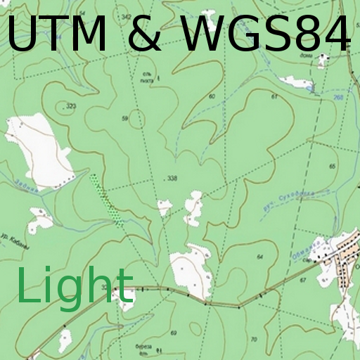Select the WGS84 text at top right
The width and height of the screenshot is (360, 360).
coord(266,35)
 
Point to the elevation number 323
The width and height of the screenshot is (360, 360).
coord(70,106)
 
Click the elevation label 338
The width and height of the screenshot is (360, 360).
coord(172,179)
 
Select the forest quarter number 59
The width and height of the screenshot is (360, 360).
coord(125,119)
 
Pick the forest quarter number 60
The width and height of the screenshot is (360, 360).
coord(212,96)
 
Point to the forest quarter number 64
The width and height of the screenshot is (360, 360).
coord(259,257)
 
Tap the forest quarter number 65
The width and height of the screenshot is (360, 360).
coord(333,165)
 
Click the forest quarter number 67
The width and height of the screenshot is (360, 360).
coord(303,281)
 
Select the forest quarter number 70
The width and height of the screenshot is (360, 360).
coord(254,340)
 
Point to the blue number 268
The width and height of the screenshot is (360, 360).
coord(338,97)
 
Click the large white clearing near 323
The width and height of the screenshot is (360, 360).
coord(42,151)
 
